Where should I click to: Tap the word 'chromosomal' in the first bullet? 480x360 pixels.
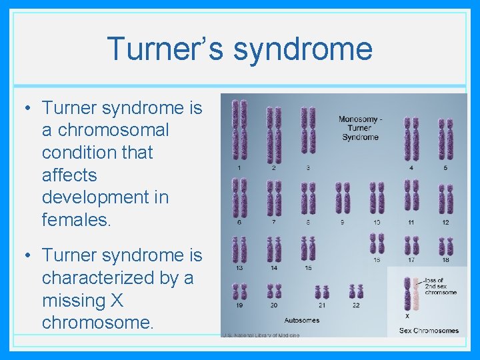click(105, 130)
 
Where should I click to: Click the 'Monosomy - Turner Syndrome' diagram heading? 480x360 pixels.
click(360, 128)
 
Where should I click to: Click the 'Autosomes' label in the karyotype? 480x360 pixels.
click(301, 320)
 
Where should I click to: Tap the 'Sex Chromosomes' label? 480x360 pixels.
click(429, 330)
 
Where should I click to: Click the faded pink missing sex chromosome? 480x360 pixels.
click(415, 293)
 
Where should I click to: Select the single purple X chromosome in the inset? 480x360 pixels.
click(407, 293)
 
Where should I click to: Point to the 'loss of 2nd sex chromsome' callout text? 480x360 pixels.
click(440, 287)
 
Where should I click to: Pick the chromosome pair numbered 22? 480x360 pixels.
click(356, 292)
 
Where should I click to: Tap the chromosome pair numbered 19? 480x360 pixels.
click(239, 291)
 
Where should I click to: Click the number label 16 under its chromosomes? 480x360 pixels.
click(377, 261)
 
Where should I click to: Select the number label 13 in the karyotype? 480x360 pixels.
click(239, 267)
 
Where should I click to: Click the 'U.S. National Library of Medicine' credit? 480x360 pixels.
click(261, 335)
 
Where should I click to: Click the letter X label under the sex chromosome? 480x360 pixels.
click(407, 315)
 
